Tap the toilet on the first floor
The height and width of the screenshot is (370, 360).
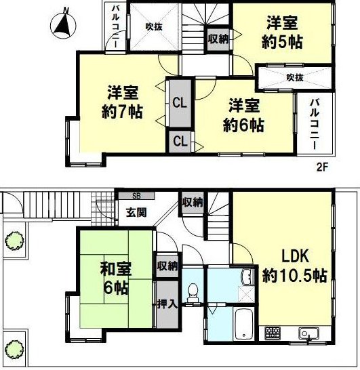pos(193,293)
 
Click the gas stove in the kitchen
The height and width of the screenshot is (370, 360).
pos(273,333)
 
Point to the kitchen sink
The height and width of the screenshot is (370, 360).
pos(308,333)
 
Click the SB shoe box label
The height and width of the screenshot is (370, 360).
pos(136,196)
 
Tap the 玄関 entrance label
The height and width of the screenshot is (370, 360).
pos(136,212)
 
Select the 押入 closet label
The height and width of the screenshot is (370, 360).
pos(167,304)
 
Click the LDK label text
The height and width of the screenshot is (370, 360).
pos(296,257)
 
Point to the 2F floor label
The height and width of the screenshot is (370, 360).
pos(322,167)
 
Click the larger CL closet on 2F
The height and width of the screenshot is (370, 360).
pos(180,104)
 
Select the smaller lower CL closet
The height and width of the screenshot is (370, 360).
pos(180,142)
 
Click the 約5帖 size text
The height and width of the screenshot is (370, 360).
pos(282,43)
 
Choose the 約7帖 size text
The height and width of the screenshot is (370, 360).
pos(122,111)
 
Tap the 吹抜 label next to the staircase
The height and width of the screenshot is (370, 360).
pos(154,26)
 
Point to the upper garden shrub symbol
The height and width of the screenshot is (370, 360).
pos(15,241)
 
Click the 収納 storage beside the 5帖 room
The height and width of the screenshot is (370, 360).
pos(218,39)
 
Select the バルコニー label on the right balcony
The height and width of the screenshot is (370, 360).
pos(315,125)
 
